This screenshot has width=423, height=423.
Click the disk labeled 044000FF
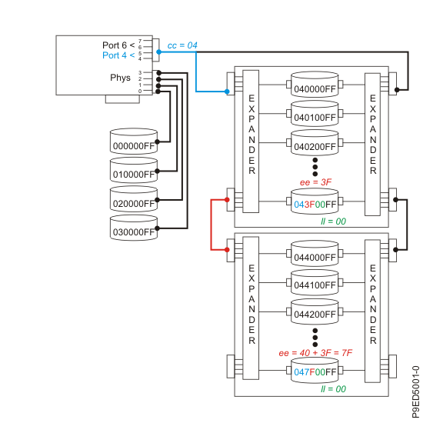click(x=315, y=255)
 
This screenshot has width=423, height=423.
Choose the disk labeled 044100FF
click(x=315, y=284)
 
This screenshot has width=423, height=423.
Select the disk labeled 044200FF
click(x=315, y=312)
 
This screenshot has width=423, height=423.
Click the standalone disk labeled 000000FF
click(x=133, y=144)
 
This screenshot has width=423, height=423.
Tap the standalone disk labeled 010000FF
click(x=133, y=172)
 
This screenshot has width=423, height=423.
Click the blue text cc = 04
click(x=182, y=46)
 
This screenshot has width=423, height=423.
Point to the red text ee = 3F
click(x=315, y=182)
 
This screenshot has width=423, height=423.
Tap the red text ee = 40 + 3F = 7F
click(x=315, y=352)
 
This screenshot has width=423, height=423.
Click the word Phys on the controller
click(x=122, y=78)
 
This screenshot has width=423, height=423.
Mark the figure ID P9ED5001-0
click(x=415, y=391)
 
